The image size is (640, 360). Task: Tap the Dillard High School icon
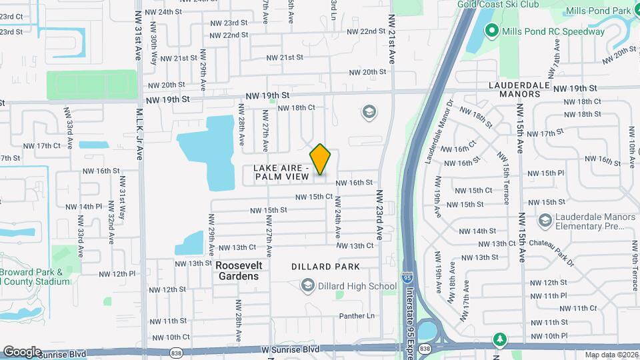pos(307,286)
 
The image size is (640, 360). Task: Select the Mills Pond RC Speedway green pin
pos(492,31)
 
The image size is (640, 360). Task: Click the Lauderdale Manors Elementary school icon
pos(545,220)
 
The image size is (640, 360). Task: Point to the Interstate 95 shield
pos(407,275)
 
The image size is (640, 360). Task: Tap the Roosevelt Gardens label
pos(239,271)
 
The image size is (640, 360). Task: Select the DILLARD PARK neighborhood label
pos(326,267)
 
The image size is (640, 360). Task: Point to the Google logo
pos(22,351)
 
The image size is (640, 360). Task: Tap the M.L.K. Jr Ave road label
pos(140,134)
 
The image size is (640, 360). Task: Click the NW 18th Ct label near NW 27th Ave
pos(295,107)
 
